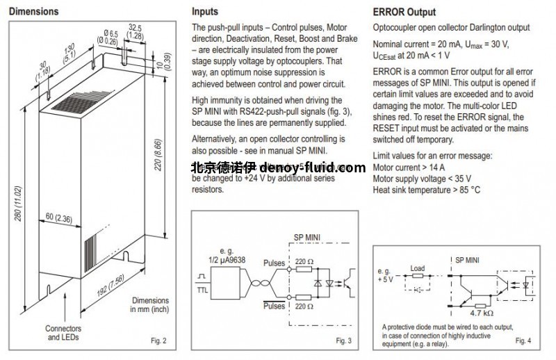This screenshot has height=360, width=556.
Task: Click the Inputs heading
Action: (x=204, y=12)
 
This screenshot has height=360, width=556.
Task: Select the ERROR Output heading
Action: (x=404, y=12)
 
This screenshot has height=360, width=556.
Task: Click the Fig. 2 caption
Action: (x=159, y=341)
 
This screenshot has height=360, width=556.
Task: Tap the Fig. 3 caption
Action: (x=344, y=341)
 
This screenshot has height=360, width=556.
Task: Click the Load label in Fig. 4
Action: (x=417, y=267)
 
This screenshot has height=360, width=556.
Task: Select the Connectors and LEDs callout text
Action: (x=63, y=333)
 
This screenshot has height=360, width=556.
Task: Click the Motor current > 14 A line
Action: (x=409, y=167)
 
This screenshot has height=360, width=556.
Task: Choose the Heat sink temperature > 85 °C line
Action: (x=427, y=190)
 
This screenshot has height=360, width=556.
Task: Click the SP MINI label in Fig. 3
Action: (x=308, y=236)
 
